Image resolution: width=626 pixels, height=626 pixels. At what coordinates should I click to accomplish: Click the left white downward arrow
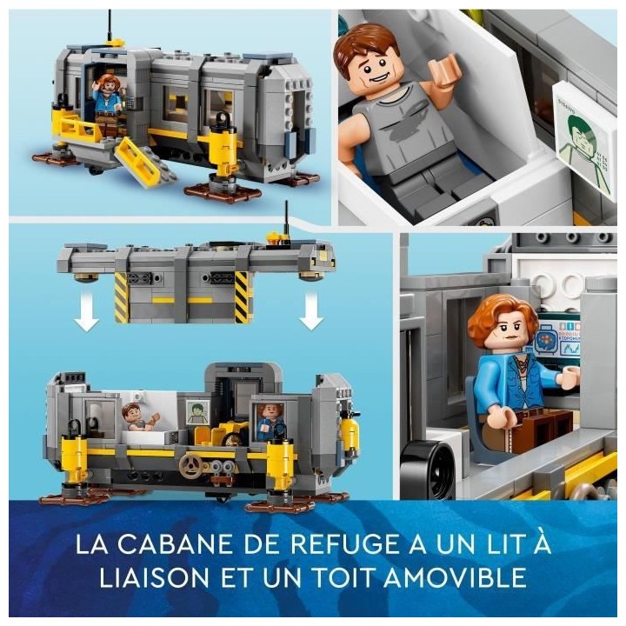point(85,316)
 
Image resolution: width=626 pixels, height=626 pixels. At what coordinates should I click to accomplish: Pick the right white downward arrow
point(310,316)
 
